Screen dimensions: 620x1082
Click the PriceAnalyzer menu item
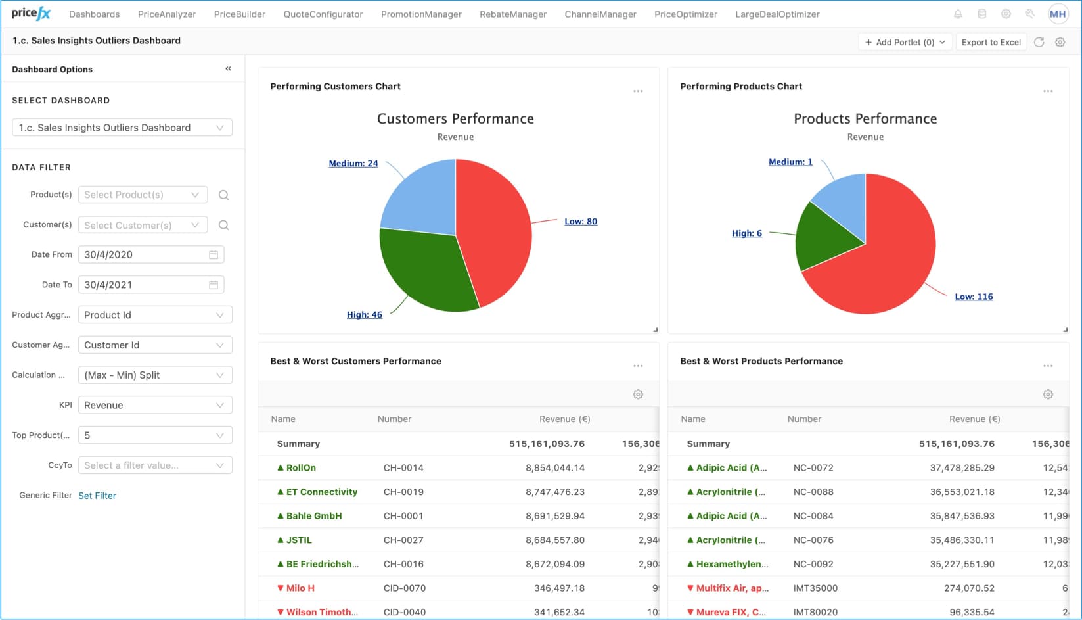166,14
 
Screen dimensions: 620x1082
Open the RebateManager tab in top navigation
512,14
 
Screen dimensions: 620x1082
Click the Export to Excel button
991,42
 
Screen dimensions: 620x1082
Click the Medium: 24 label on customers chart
353,163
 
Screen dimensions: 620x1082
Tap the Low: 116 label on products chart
974,297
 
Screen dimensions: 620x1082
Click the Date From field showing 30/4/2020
145,254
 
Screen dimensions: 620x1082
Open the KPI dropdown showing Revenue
154,405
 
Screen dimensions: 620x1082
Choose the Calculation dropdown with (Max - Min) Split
154,375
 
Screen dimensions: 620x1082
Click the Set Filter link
97,496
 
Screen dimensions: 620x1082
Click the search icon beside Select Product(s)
223,195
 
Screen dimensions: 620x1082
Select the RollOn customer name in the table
301,468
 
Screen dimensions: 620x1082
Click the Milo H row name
300,588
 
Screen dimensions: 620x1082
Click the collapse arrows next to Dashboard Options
228,68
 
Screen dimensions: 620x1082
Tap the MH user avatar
1058,14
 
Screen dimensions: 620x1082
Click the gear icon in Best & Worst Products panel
1048,394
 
